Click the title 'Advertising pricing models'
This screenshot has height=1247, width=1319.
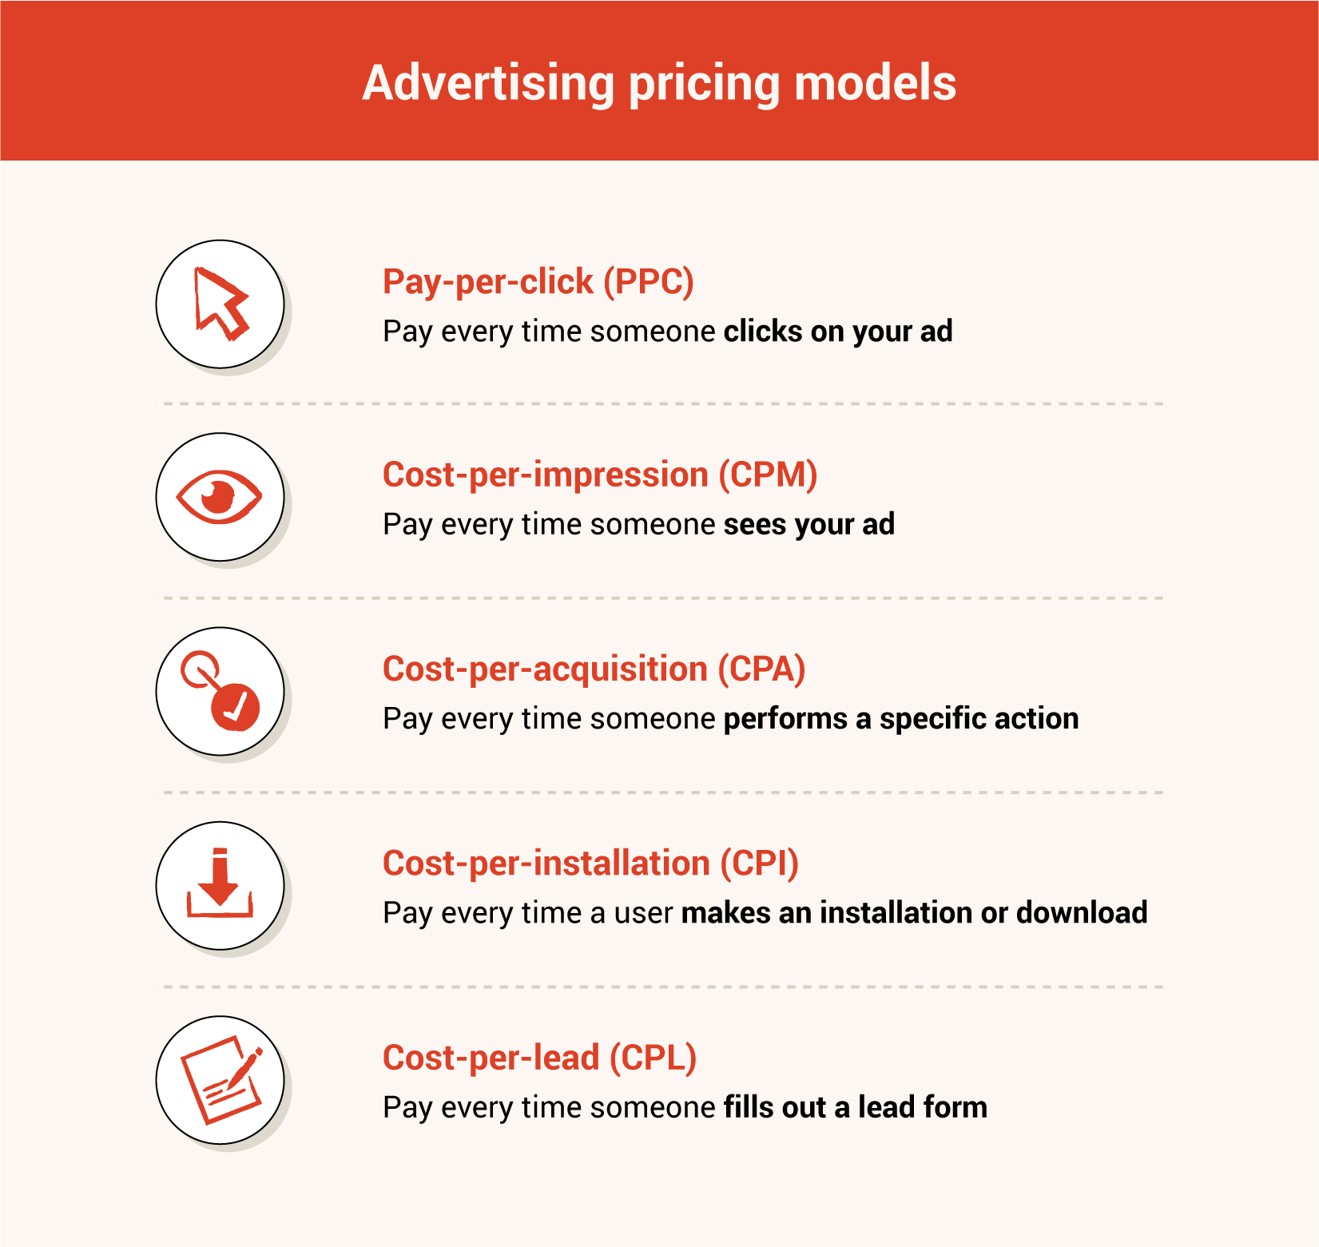(x=659, y=84)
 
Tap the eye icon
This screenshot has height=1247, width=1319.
(x=219, y=497)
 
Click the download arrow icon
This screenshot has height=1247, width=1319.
(x=220, y=884)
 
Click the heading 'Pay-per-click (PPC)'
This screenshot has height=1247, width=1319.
(x=538, y=282)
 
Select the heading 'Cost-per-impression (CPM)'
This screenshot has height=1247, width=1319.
(x=600, y=475)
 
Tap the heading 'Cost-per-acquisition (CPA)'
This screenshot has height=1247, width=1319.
(x=594, y=669)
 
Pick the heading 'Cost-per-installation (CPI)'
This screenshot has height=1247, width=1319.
(x=591, y=864)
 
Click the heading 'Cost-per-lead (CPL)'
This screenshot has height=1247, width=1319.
(x=540, y=1058)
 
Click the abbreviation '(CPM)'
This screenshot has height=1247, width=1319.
(x=768, y=475)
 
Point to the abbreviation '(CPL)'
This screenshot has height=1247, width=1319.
(x=654, y=1058)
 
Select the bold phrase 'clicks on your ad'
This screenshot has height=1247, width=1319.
(x=838, y=332)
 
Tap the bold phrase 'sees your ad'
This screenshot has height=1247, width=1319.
(x=809, y=525)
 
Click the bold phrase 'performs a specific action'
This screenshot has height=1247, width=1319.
(x=901, y=719)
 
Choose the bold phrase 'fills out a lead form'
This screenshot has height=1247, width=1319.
(x=856, y=1107)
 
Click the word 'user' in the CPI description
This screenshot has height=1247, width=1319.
(x=644, y=913)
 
